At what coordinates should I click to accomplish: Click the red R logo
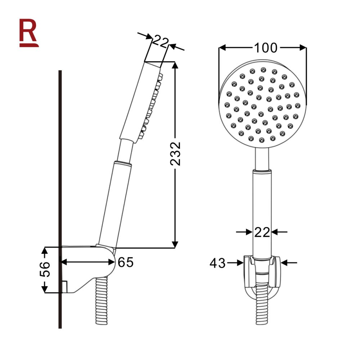(x=28, y=32)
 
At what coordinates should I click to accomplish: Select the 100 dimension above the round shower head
(x=266, y=48)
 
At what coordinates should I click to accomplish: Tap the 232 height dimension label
(x=175, y=154)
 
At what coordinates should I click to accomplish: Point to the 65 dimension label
(x=126, y=262)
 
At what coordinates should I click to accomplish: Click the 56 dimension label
(x=45, y=270)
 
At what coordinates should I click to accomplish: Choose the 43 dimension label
(x=217, y=264)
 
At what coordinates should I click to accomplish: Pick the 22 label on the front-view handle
(x=262, y=232)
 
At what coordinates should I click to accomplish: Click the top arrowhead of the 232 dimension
(x=175, y=65)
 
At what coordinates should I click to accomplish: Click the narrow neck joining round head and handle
(x=262, y=158)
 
